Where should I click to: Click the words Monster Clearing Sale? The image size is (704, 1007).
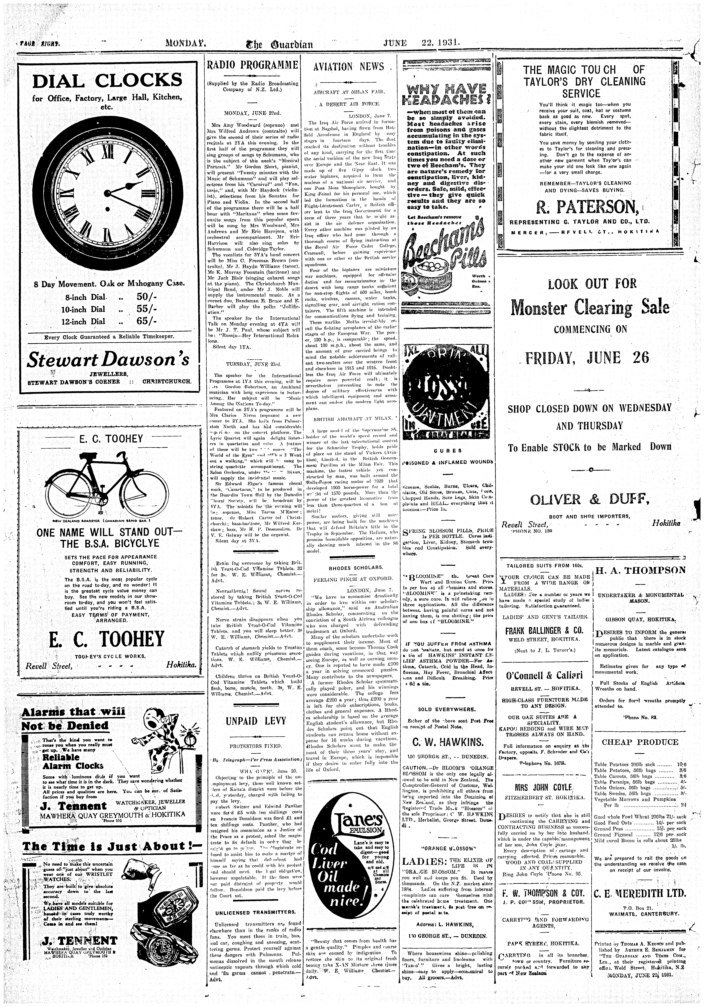[x=590, y=307]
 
